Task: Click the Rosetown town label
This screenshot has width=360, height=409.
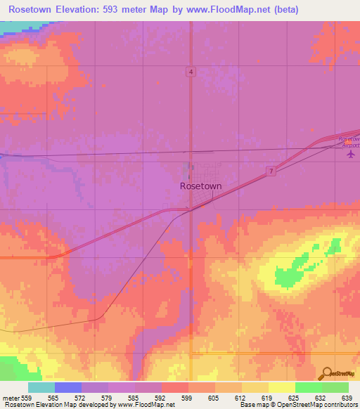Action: (201, 186)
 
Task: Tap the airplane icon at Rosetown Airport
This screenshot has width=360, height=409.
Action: (352, 153)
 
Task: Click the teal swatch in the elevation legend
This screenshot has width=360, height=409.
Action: (41, 387)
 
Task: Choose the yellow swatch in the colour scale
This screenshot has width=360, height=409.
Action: (282, 387)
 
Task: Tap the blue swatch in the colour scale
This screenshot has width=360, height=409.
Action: (68, 387)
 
